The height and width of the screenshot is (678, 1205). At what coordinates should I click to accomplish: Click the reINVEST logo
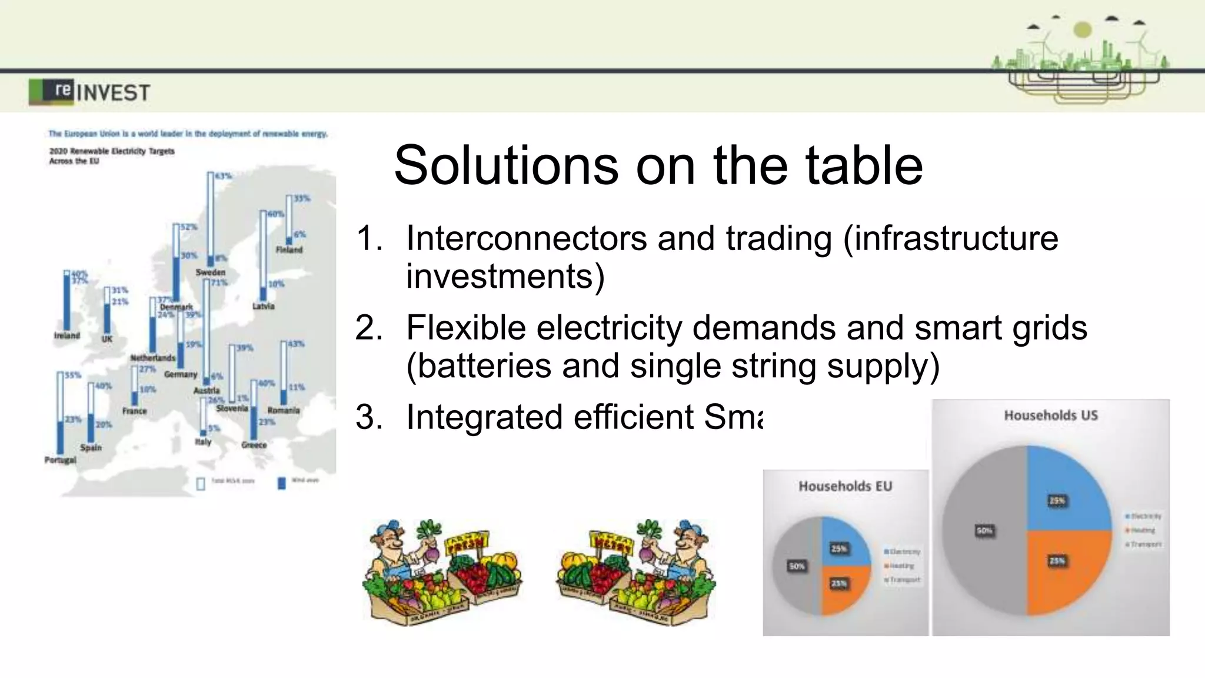pyautogui.click(x=89, y=92)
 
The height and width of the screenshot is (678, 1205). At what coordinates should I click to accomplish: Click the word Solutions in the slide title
pyautogui.click(x=506, y=165)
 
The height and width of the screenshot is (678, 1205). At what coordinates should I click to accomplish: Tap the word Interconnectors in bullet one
pyautogui.click(x=526, y=238)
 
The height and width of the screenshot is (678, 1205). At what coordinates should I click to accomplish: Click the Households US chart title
pyautogui.click(x=1050, y=416)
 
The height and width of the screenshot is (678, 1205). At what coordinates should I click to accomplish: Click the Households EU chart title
pyautogui.click(x=845, y=486)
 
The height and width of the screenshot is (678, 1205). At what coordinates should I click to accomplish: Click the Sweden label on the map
pyautogui.click(x=211, y=272)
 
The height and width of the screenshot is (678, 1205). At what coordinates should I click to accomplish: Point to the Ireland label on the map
pyautogui.click(x=66, y=335)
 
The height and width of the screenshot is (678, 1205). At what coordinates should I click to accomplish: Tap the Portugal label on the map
pyautogui.click(x=60, y=460)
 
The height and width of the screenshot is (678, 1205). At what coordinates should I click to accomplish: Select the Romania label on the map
pyautogui.click(x=284, y=410)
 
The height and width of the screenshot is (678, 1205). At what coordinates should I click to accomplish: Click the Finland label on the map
pyautogui.click(x=289, y=250)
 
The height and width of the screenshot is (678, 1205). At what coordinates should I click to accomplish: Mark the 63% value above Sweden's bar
pyautogui.click(x=224, y=176)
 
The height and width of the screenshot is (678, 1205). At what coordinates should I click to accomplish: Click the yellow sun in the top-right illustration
pyautogui.click(x=1082, y=29)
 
